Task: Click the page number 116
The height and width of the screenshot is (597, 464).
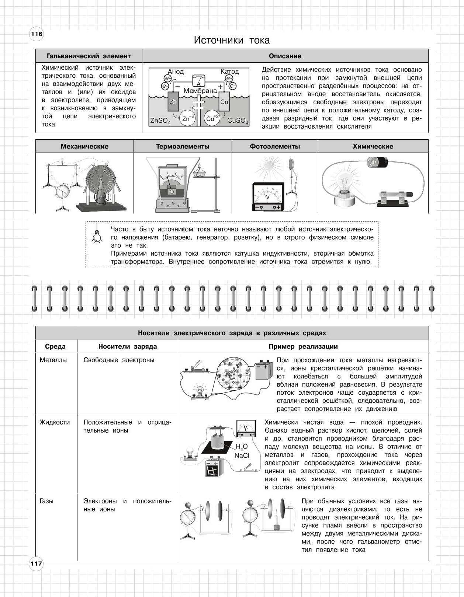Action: point(37,34)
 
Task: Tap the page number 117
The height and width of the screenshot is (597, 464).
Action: point(37,563)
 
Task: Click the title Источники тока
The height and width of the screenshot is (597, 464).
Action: point(232,40)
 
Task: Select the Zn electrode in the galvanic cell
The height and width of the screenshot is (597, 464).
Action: point(173,101)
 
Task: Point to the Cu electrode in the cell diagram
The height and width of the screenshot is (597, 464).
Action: point(224,101)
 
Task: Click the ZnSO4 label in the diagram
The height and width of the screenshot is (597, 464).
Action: point(160,121)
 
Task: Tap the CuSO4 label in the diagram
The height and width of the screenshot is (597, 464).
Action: point(238,121)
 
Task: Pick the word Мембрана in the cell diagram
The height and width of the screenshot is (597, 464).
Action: point(200,91)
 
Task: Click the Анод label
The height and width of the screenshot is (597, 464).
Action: point(176,72)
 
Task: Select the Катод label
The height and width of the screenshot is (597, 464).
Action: point(230,71)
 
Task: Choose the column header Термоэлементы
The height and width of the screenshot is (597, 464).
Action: point(183,146)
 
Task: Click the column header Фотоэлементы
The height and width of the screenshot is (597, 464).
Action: point(275,146)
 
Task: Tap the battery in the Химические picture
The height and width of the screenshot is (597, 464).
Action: point(378,162)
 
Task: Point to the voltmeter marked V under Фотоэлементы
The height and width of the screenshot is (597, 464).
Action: point(268,196)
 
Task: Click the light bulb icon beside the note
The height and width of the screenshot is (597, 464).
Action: point(97,234)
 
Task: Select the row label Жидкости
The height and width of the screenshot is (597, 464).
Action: point(55,422)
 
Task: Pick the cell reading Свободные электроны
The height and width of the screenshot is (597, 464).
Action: point(119,360)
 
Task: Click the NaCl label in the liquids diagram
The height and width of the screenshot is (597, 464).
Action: point(242,455)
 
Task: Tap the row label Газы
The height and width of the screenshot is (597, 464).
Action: point(46,501)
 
